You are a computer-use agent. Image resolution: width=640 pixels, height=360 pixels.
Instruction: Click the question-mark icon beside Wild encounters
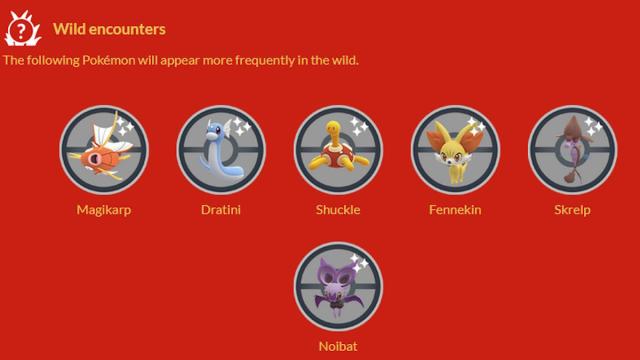(22, 29)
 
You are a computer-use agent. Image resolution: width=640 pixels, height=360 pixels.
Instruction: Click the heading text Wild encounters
(109, 29)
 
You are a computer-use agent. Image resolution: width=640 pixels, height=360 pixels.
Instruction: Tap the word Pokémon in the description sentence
(109, 60)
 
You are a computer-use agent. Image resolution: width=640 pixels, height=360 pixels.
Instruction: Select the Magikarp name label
(104, 210)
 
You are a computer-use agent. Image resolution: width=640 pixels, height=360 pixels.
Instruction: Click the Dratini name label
(221, 210)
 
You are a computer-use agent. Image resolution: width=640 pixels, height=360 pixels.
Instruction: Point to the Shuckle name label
(338, 210)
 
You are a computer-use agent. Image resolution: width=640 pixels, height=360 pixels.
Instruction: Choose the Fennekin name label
(455, 210)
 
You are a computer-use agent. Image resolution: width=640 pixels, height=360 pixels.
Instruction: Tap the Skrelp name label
(572, 210)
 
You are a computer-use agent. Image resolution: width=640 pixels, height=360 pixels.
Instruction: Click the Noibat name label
(338, 346)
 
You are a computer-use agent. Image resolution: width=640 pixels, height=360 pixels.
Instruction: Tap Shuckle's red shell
(337, 156)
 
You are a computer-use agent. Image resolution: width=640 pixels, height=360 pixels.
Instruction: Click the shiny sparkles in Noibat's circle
(359, 263)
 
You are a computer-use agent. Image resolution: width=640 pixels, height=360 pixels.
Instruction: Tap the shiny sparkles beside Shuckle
(359, 127)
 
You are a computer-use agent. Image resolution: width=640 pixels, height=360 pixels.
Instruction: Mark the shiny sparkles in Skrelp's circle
(593, 127)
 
